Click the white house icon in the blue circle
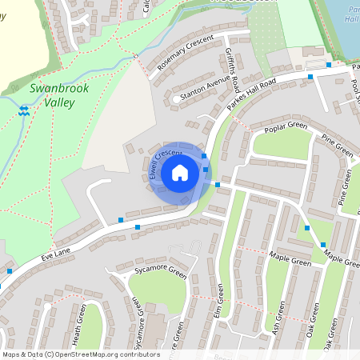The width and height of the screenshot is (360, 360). (x=180, y=173)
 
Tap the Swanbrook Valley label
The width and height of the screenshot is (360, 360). (x=58, y=96)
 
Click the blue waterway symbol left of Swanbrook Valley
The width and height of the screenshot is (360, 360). (x=24, y=111)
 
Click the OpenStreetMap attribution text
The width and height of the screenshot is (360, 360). (x=81, y=354)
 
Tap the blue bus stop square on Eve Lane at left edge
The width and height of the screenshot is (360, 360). (x=10, y=271)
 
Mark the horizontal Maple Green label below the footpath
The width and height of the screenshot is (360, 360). (x=289, y=260)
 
